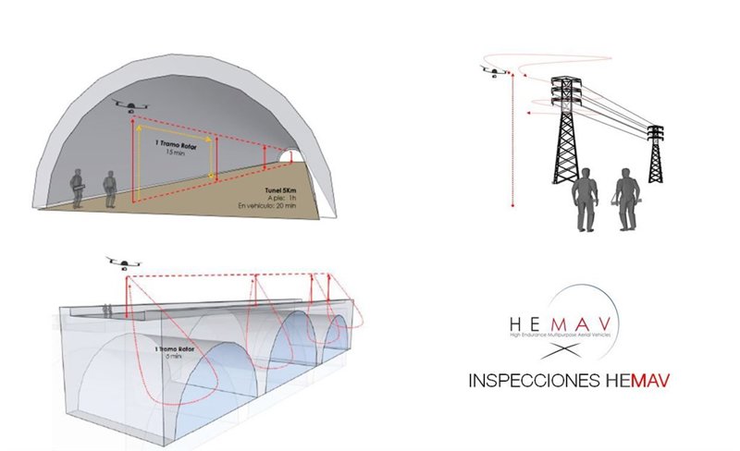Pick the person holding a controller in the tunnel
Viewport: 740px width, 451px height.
coord(80,189)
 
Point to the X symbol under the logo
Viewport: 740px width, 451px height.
coord(564,353)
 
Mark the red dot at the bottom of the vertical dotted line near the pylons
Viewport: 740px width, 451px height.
coord(512,206)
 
